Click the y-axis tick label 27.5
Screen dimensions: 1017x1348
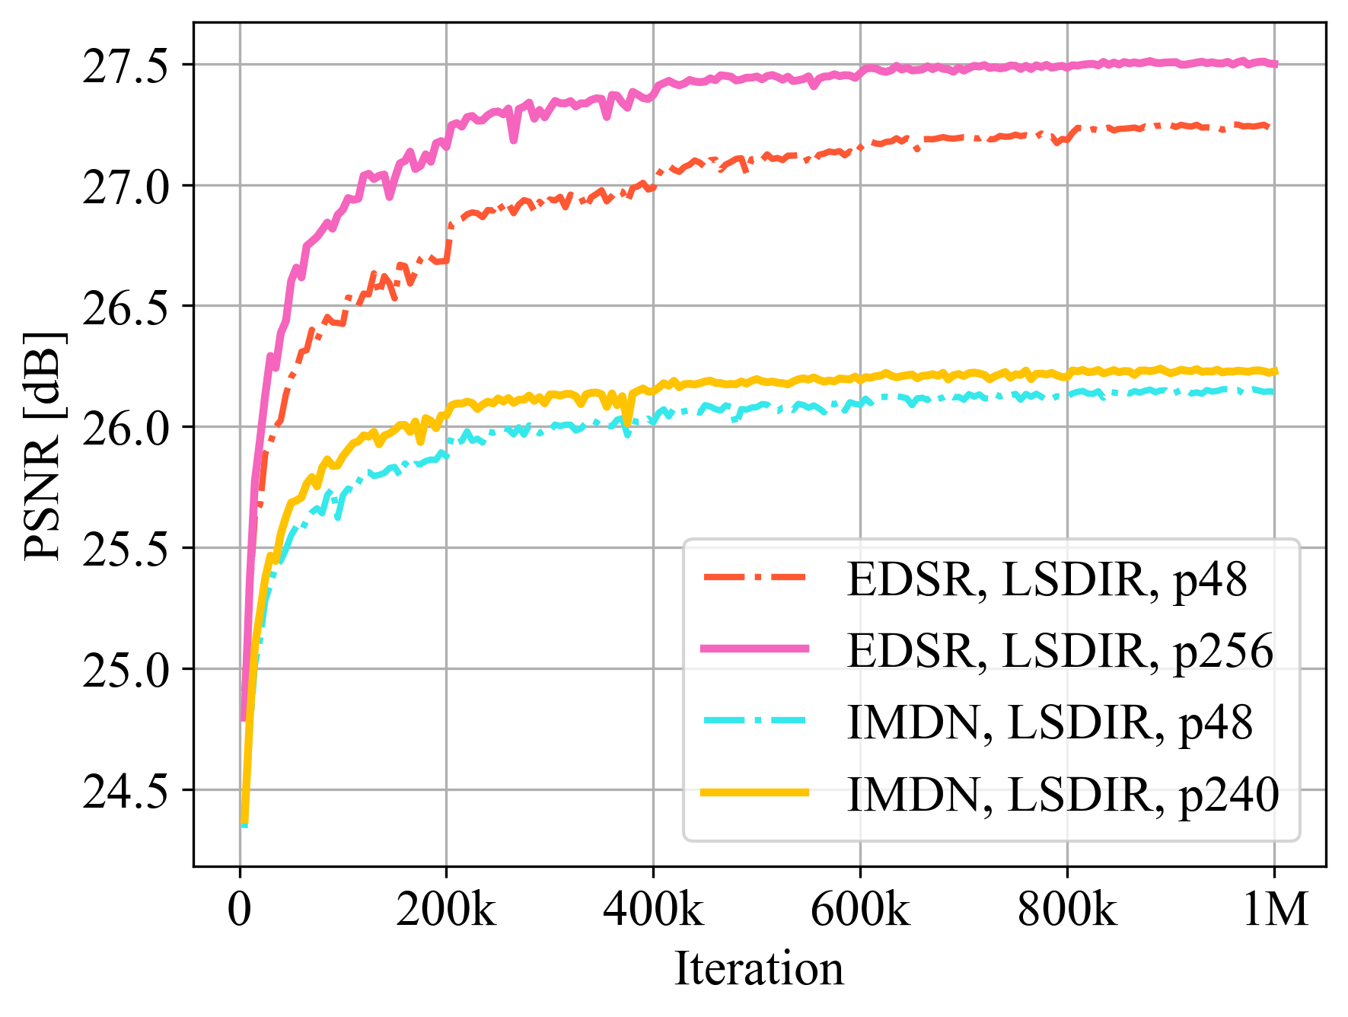point(125,67)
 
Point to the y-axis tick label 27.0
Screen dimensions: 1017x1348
point(125,188)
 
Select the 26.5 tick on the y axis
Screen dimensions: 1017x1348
point(125,308)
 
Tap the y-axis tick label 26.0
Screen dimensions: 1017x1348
point(125,429)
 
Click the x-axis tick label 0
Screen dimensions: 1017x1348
point(240,909)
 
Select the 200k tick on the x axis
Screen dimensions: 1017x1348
point(446,909)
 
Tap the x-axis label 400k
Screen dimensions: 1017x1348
point(653,909)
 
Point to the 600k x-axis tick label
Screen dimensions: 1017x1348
point(860,909)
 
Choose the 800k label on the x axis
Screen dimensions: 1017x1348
point(1067,909)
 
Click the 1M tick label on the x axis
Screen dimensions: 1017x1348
point(1275,909)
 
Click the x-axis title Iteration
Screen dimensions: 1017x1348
point(759,969)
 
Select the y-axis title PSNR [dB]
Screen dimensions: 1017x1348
point(43,445)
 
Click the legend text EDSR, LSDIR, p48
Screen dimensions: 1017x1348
point(1047,580)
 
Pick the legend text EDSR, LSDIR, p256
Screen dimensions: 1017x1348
point(1060,651)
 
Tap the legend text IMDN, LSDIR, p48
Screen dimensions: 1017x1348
point(1050,722)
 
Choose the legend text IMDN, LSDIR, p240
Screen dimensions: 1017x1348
point(1063,795)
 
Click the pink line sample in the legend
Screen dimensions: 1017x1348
point(754,649)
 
